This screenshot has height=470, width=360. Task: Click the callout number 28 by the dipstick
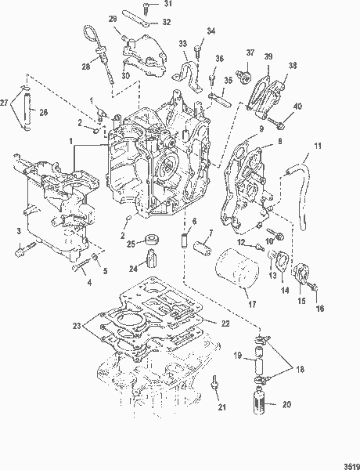point(86,67)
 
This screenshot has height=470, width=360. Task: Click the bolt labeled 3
point(23,252)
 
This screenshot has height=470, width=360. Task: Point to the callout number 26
point(43,112)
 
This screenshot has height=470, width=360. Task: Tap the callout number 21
point(221,428)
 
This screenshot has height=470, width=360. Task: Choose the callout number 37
point(250,53)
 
